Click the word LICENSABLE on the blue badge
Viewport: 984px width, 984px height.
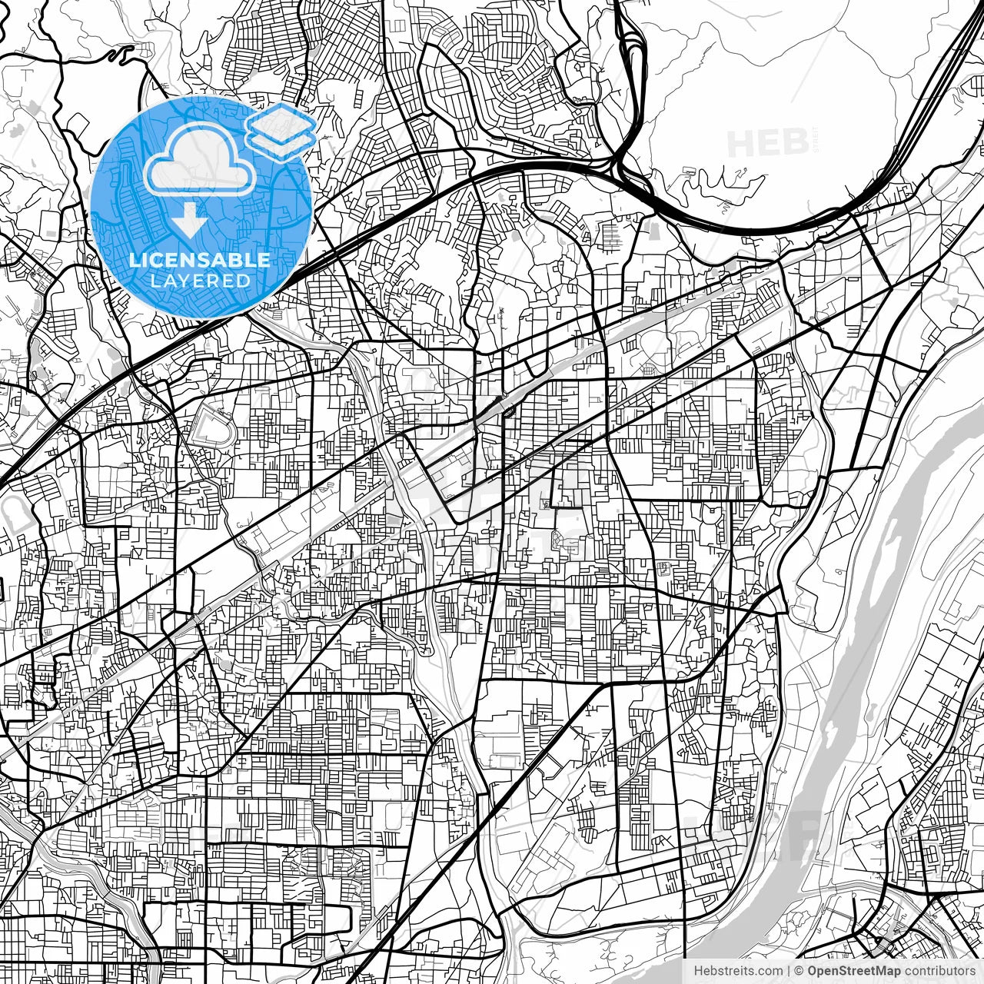tap(200, 260)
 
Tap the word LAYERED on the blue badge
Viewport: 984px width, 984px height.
tap(200, 281)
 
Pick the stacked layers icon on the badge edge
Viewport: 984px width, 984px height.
tap(281, 131)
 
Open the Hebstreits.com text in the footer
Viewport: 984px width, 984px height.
tap(738, 971)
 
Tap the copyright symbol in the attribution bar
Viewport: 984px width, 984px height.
tap(799, 971)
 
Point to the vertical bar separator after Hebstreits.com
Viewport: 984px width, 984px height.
tap(790, 971)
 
